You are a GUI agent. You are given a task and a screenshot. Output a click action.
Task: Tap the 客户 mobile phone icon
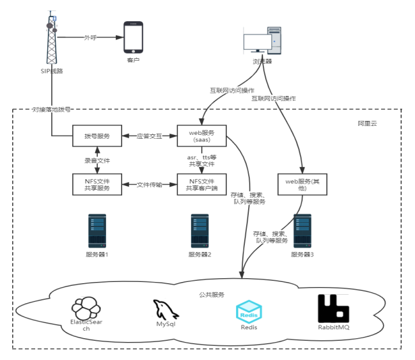click(x=133, y=38)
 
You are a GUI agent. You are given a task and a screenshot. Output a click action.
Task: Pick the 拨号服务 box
click(x=97, y=136)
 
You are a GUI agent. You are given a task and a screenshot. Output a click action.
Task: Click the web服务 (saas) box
click(x=202, y=136)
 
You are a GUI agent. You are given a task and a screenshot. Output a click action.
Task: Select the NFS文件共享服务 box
click(x=97, y=184)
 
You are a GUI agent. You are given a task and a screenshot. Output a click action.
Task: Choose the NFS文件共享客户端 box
click(x=202, y=184)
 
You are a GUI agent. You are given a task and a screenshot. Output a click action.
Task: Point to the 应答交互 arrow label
click(x=150, y=136)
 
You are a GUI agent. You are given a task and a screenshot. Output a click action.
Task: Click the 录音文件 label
click(x=97, y=160)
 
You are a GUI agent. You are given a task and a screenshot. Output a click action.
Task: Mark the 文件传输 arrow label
click(x=150, y=184)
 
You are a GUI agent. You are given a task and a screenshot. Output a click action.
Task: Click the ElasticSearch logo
click(x=86, y=309)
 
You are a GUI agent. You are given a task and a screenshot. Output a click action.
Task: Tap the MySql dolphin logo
click(x=165, y=310)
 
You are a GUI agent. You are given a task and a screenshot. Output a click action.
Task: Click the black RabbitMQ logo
click(x=334, y=309)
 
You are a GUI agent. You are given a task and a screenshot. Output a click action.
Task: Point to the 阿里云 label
click(x=367, y=122)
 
